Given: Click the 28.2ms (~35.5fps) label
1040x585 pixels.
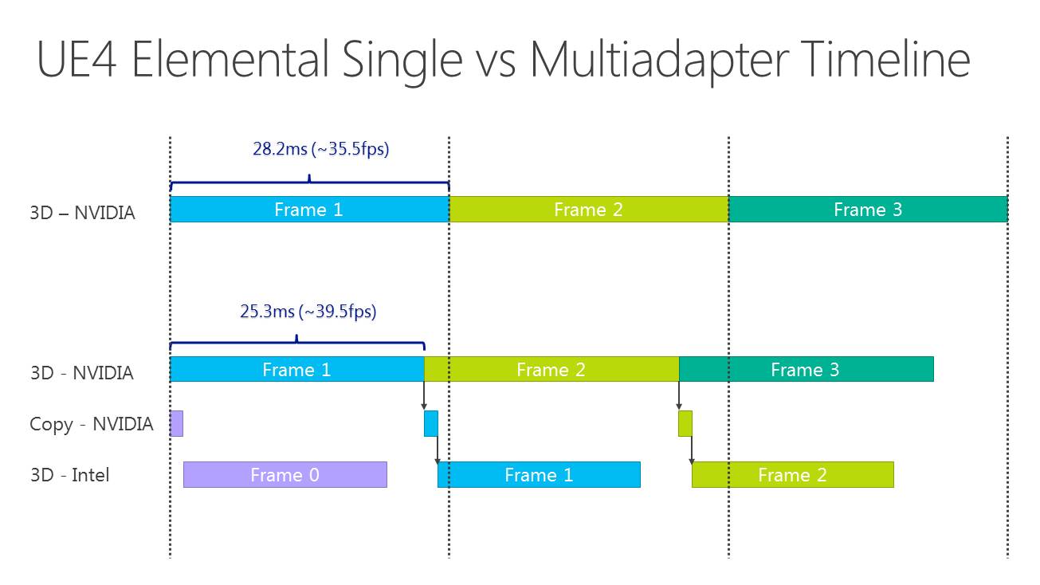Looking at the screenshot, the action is [321, 149].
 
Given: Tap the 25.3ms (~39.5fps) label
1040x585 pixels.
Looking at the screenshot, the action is [308, 311].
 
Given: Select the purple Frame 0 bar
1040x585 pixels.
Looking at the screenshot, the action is [285, 474].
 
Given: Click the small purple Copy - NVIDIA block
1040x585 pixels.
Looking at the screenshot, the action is [176, 423].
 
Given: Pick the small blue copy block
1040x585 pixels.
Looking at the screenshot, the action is [431, 423].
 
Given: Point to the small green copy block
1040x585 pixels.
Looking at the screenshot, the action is [685, 423].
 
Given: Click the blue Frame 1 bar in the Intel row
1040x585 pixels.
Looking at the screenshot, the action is [539, 474].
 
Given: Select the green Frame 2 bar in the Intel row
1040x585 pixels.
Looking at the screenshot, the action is [792, 474].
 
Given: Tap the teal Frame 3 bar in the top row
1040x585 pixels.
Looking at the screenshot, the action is [868, 210].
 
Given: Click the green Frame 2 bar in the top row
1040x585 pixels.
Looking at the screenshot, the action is [589, 210].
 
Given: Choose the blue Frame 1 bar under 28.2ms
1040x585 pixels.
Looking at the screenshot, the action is [310, 210].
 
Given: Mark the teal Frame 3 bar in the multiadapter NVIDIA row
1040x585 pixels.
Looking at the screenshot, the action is [806, 369].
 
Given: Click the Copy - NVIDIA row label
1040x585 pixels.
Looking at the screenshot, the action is [92, 424].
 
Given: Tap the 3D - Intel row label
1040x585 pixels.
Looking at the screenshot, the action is [69, 475].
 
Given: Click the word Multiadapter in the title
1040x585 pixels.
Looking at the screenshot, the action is [659, 61].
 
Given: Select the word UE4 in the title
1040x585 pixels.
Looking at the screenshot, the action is [77, 59].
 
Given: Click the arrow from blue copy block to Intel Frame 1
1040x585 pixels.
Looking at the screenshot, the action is [438, 450].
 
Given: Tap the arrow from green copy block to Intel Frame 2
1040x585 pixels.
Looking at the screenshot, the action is [692, 450].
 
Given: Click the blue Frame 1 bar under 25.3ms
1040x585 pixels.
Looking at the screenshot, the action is [297, 369].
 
